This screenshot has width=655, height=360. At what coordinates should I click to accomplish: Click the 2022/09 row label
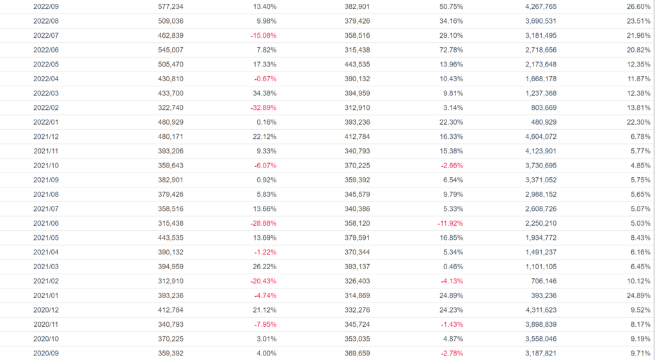[46, 6]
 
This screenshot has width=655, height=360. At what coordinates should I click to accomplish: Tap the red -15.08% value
[264, 35]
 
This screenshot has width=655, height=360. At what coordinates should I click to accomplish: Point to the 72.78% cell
[450, 50]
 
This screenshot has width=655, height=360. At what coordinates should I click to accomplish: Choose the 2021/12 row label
[46, 136]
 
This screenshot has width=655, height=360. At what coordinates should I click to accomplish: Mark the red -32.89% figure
[264, 107]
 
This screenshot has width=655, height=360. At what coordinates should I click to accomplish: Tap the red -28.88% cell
[264, 223]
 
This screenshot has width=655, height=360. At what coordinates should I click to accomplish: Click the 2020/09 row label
[46, 353]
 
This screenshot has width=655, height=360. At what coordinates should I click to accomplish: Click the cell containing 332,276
[357, 309]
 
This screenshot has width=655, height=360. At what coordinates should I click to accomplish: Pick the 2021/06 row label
[46, 223]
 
